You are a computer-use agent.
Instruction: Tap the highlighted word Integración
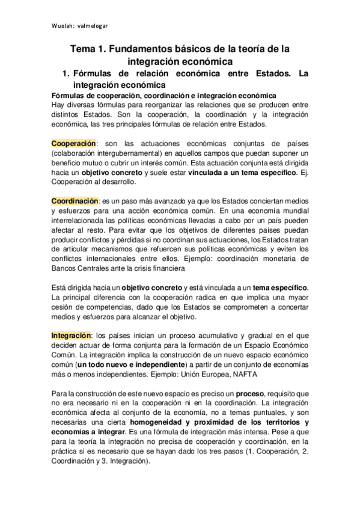(72, 334)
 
